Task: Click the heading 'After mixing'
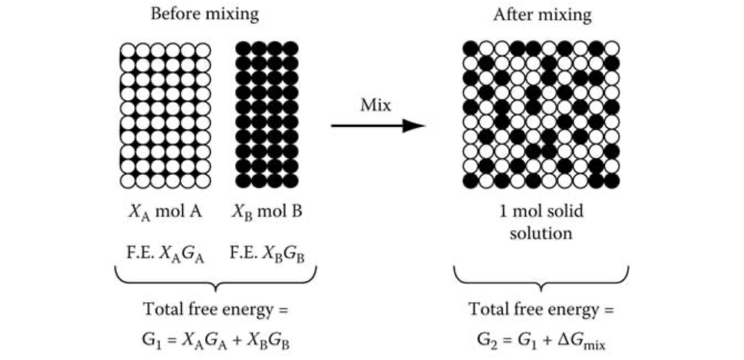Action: pos(542,15)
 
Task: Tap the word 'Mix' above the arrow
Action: pos(375,106)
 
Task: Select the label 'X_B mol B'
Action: pos(267,212)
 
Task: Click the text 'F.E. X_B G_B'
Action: pos(267,252)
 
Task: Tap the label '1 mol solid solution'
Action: pos(541,222)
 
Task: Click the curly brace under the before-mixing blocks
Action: pos(216,278)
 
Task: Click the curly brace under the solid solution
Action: pos(541,278)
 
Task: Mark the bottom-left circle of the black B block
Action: pos(244,181)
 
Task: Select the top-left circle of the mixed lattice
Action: pos(471,49)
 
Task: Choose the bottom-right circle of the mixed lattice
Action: pos(612,181)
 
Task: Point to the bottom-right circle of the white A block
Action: pos(203,181)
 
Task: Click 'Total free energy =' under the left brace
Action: pos(216,311)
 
